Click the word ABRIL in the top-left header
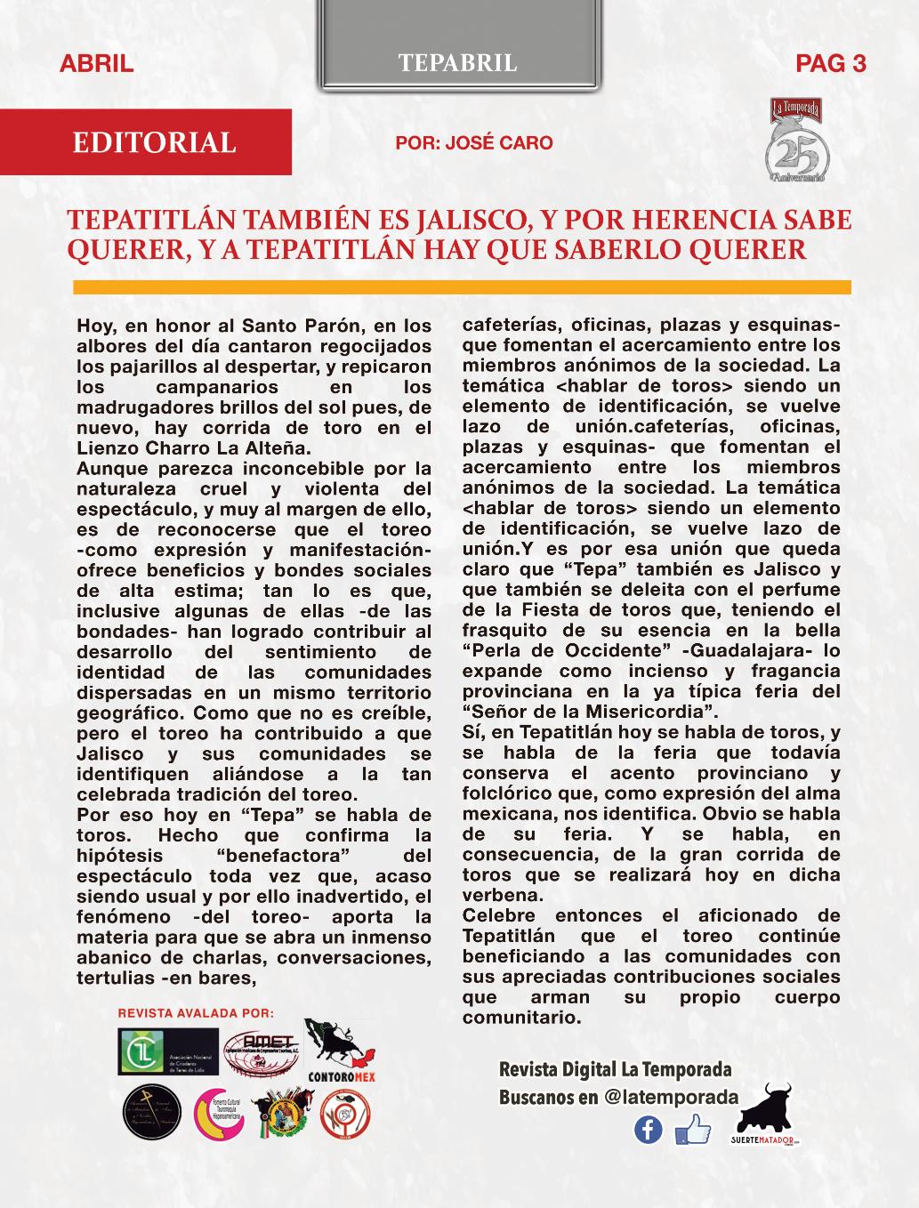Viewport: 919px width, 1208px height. (96, 63)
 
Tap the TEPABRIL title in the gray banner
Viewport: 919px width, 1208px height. (458, 62)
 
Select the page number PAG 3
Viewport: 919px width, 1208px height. (831, 63)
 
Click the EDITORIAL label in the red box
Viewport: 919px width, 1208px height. (154, 142)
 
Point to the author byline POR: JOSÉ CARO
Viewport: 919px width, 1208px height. (474, 142)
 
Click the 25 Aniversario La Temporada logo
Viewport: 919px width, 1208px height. (797, 144)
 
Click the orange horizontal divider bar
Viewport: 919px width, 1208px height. (462, 287)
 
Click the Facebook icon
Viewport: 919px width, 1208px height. (649, 1130)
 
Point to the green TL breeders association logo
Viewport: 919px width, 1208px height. (167, 1052)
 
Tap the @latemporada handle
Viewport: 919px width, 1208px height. (672, 1097)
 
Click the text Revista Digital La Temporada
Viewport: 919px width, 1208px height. (616, 1068)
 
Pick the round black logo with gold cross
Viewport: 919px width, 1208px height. (152, 1114)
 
